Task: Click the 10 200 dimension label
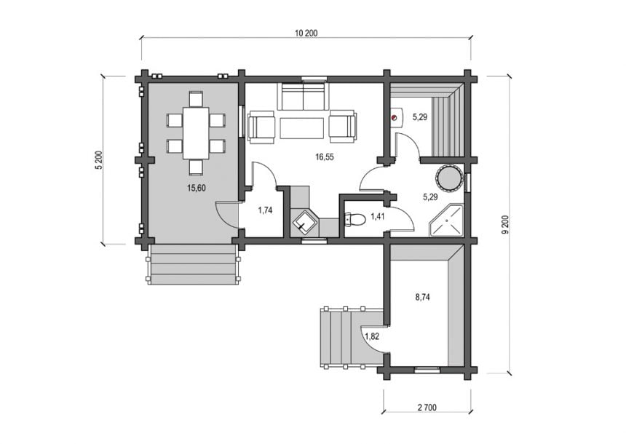coord(306,33)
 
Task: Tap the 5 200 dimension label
coord(99,161)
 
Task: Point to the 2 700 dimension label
coord(427,408)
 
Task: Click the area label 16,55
coord(324,157)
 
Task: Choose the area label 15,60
coord(197,188)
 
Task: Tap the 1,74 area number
coord(265,210)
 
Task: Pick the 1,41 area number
coord(378,217)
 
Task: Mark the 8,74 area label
coord(422,297)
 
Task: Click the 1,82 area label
coord(372,336)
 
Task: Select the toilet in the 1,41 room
coord(354,220)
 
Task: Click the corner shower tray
coord(446,221)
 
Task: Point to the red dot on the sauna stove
coord(395,117)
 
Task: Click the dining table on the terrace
coord(196,133)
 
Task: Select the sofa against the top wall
coord(303,96)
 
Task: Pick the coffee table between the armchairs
coord(302,128)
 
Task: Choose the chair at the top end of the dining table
coord(196,98)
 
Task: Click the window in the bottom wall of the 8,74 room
coord(427,369)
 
